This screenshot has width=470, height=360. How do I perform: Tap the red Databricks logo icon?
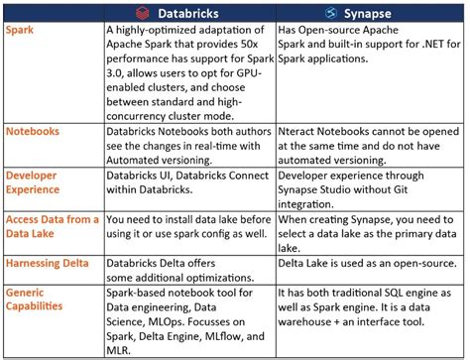click(143, 12)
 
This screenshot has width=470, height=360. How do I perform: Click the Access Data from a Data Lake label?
click(51, 226)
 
